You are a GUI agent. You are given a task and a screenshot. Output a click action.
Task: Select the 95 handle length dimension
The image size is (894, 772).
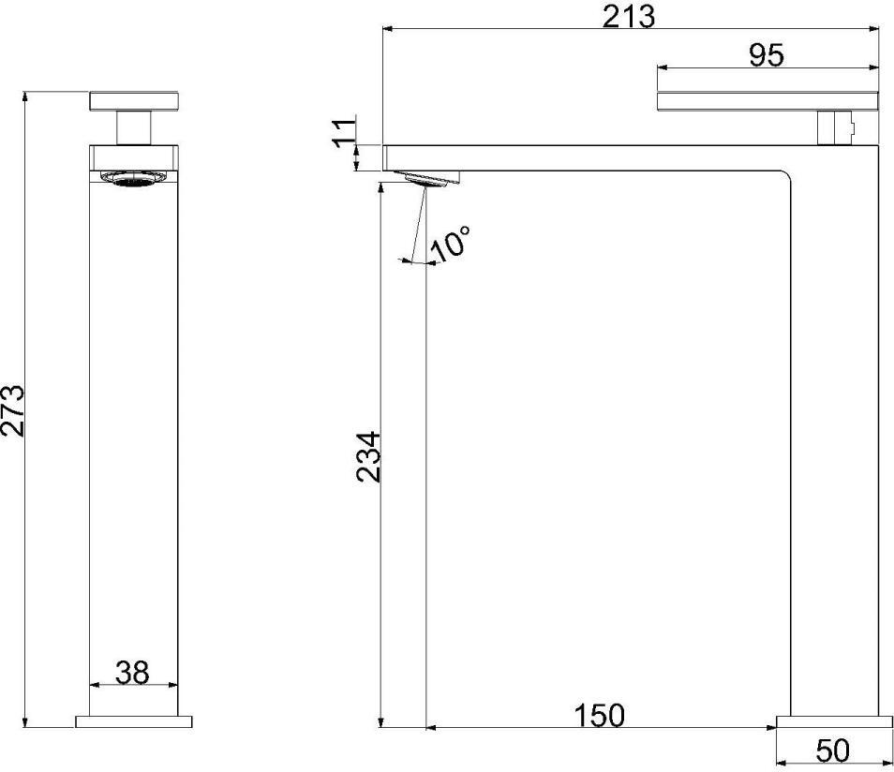(767, 55)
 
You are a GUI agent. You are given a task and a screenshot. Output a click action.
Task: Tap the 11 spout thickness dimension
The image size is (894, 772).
(344, 133)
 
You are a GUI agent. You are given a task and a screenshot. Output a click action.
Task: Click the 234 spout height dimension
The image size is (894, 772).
(367, 456)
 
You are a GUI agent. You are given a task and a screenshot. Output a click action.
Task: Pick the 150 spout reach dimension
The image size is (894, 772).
(599, 715)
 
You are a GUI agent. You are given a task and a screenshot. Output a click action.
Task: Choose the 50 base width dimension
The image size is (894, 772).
(832, 750)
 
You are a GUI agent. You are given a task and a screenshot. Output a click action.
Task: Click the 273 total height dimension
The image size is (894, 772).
(13, 410)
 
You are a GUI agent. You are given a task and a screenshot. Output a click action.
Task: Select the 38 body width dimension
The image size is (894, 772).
(132, 673)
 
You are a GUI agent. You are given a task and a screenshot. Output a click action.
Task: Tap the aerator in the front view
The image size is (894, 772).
(135, 178)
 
